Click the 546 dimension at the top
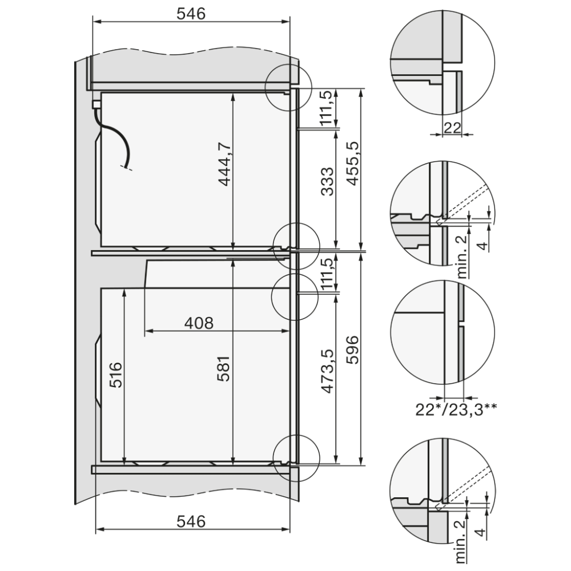[191, 14]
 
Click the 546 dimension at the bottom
[191, 521]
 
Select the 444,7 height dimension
[226, 164]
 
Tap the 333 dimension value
[328, 182]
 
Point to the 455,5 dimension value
[352, 163]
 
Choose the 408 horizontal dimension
[199, 323]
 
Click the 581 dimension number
[224, 368]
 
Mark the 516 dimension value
[116, 375]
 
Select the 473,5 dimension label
[328, 371]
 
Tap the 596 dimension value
[352, 350]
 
